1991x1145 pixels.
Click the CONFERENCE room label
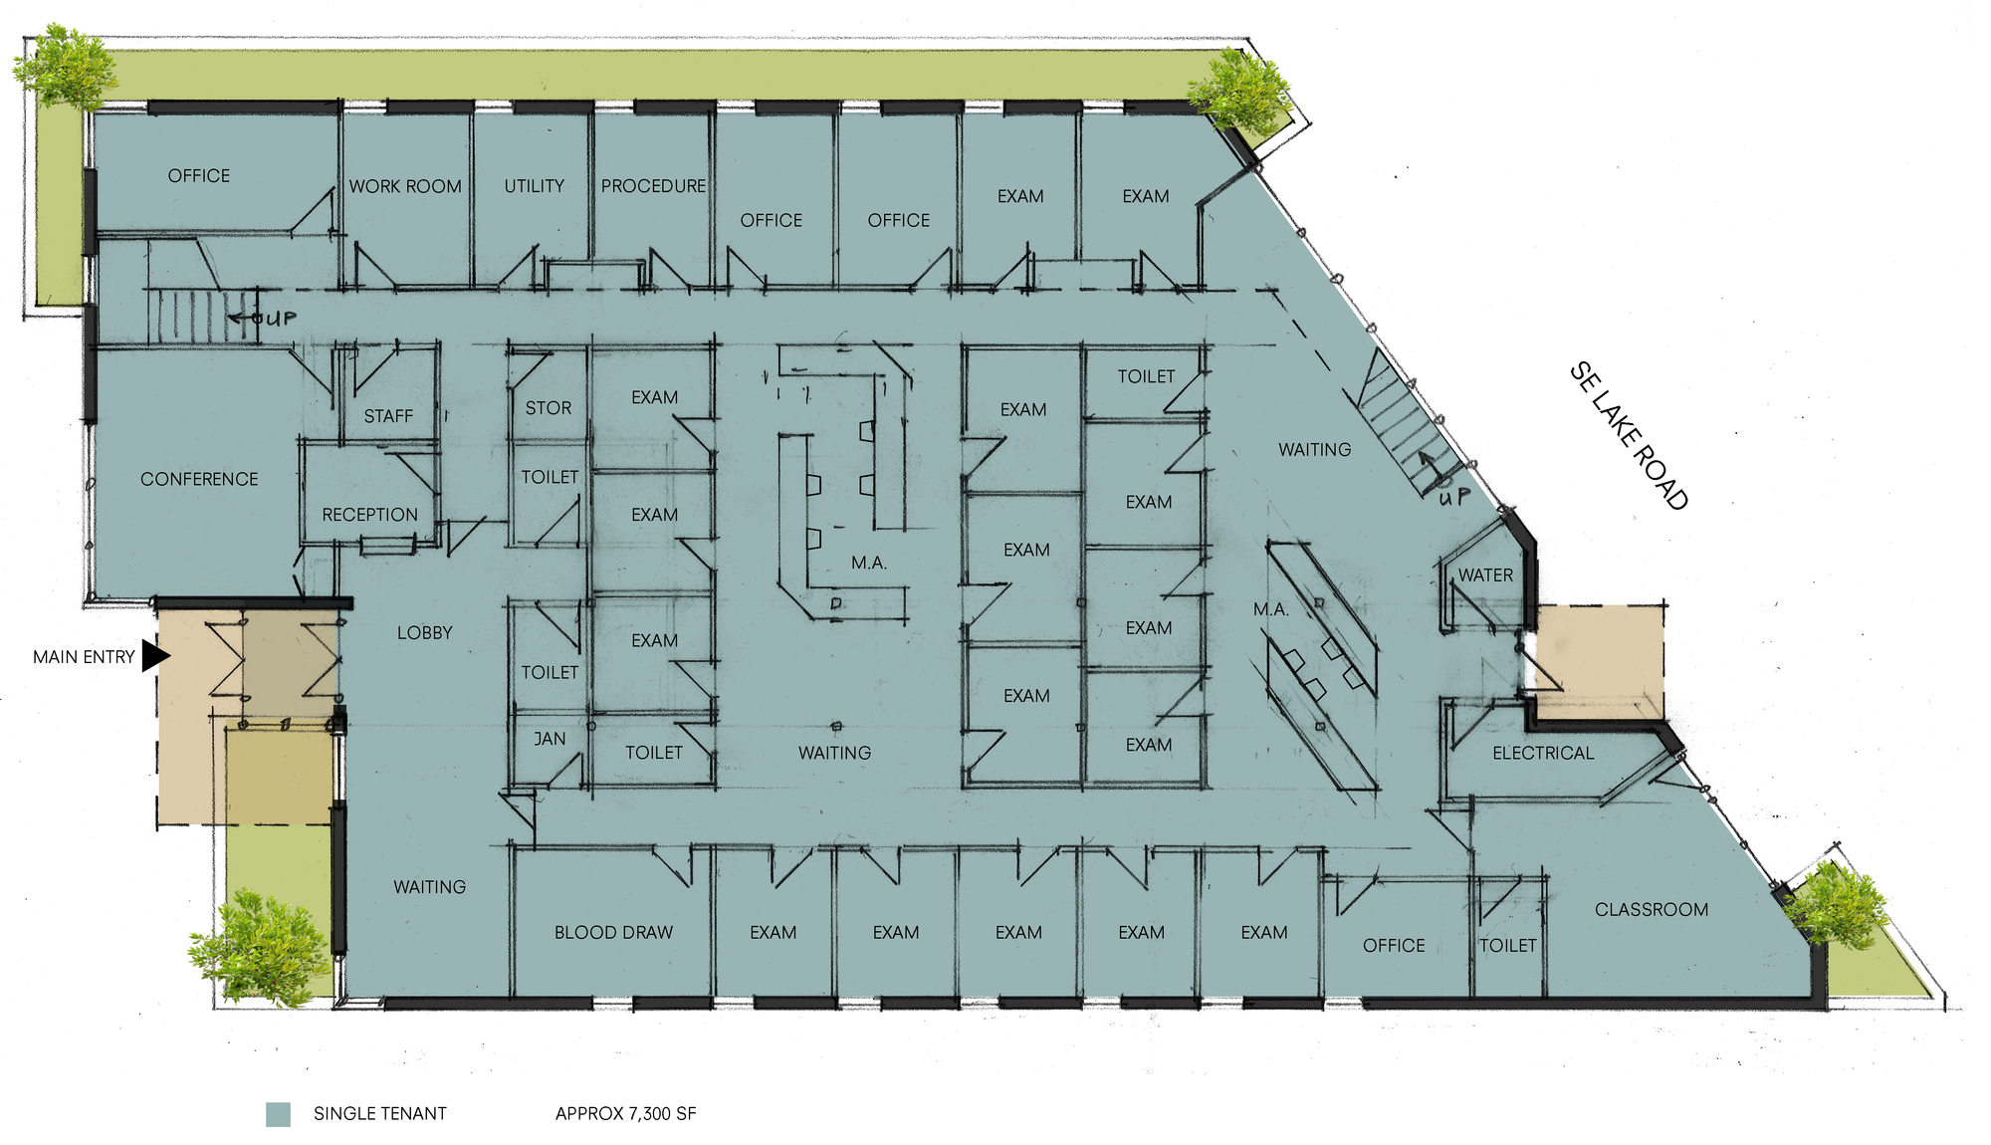coord(199,479)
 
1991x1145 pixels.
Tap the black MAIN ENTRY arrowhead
coord(155,656)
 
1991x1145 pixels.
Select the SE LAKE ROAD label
coord(1629,436)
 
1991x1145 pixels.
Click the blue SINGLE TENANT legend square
coord(278,1114)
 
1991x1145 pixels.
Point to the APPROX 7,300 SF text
coord(626,1114)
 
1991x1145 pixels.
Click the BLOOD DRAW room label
coord(613,933)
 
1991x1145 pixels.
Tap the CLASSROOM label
coord(1652,910)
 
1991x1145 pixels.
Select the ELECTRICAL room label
coord(1543,754)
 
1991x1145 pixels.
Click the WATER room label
coord(1485,575)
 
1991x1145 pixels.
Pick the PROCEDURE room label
coord(653,186)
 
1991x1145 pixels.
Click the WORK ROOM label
coord(405,186)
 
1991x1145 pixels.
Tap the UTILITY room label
coord(534,186)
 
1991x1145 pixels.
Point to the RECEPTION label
coord(369,515)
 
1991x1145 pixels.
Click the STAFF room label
coord(388,416)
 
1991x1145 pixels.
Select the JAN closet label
coord(550,739)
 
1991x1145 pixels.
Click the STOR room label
coord(549,408)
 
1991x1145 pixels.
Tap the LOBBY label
coord(425,633)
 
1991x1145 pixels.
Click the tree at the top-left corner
coord(65,68)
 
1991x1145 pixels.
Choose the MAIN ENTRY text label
coord(84,657)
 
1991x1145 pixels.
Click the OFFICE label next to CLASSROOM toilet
coord(1394,946)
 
